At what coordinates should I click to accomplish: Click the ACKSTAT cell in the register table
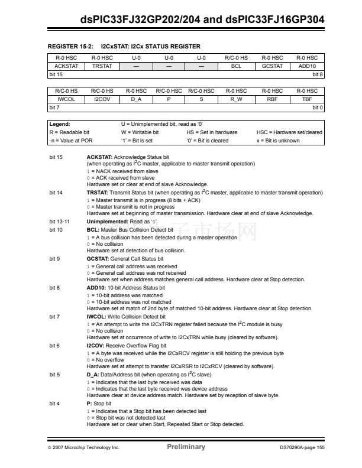[x=66, y=66]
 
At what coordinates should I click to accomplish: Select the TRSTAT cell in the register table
[x=102, y=66]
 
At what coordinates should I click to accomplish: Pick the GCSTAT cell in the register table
[x=272, y=66]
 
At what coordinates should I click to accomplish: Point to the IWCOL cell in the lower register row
[x=66, y=99]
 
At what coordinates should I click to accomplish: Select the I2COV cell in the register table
[x=102, y=99]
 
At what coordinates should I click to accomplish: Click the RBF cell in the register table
[x=272, y=99]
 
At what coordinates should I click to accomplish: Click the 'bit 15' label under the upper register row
[x=56, y=74]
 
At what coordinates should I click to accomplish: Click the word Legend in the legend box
[x=60, y=125]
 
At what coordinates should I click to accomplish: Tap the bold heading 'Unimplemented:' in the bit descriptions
[x=106, y=221]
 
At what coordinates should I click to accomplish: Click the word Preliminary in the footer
[x=186, y=447]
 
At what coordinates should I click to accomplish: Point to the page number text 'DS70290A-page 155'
[x=302, y=447]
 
